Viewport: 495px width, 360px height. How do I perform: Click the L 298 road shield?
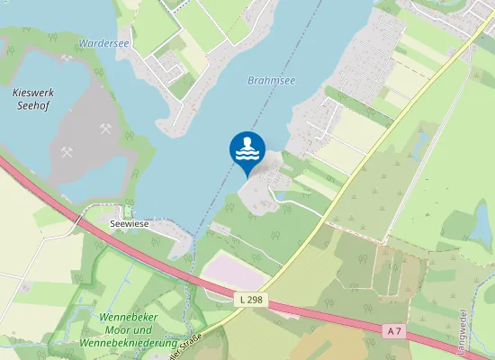point(253,299)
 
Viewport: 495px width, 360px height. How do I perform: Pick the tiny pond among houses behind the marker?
point(282,195)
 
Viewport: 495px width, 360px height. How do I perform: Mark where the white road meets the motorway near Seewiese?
point(78,216)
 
